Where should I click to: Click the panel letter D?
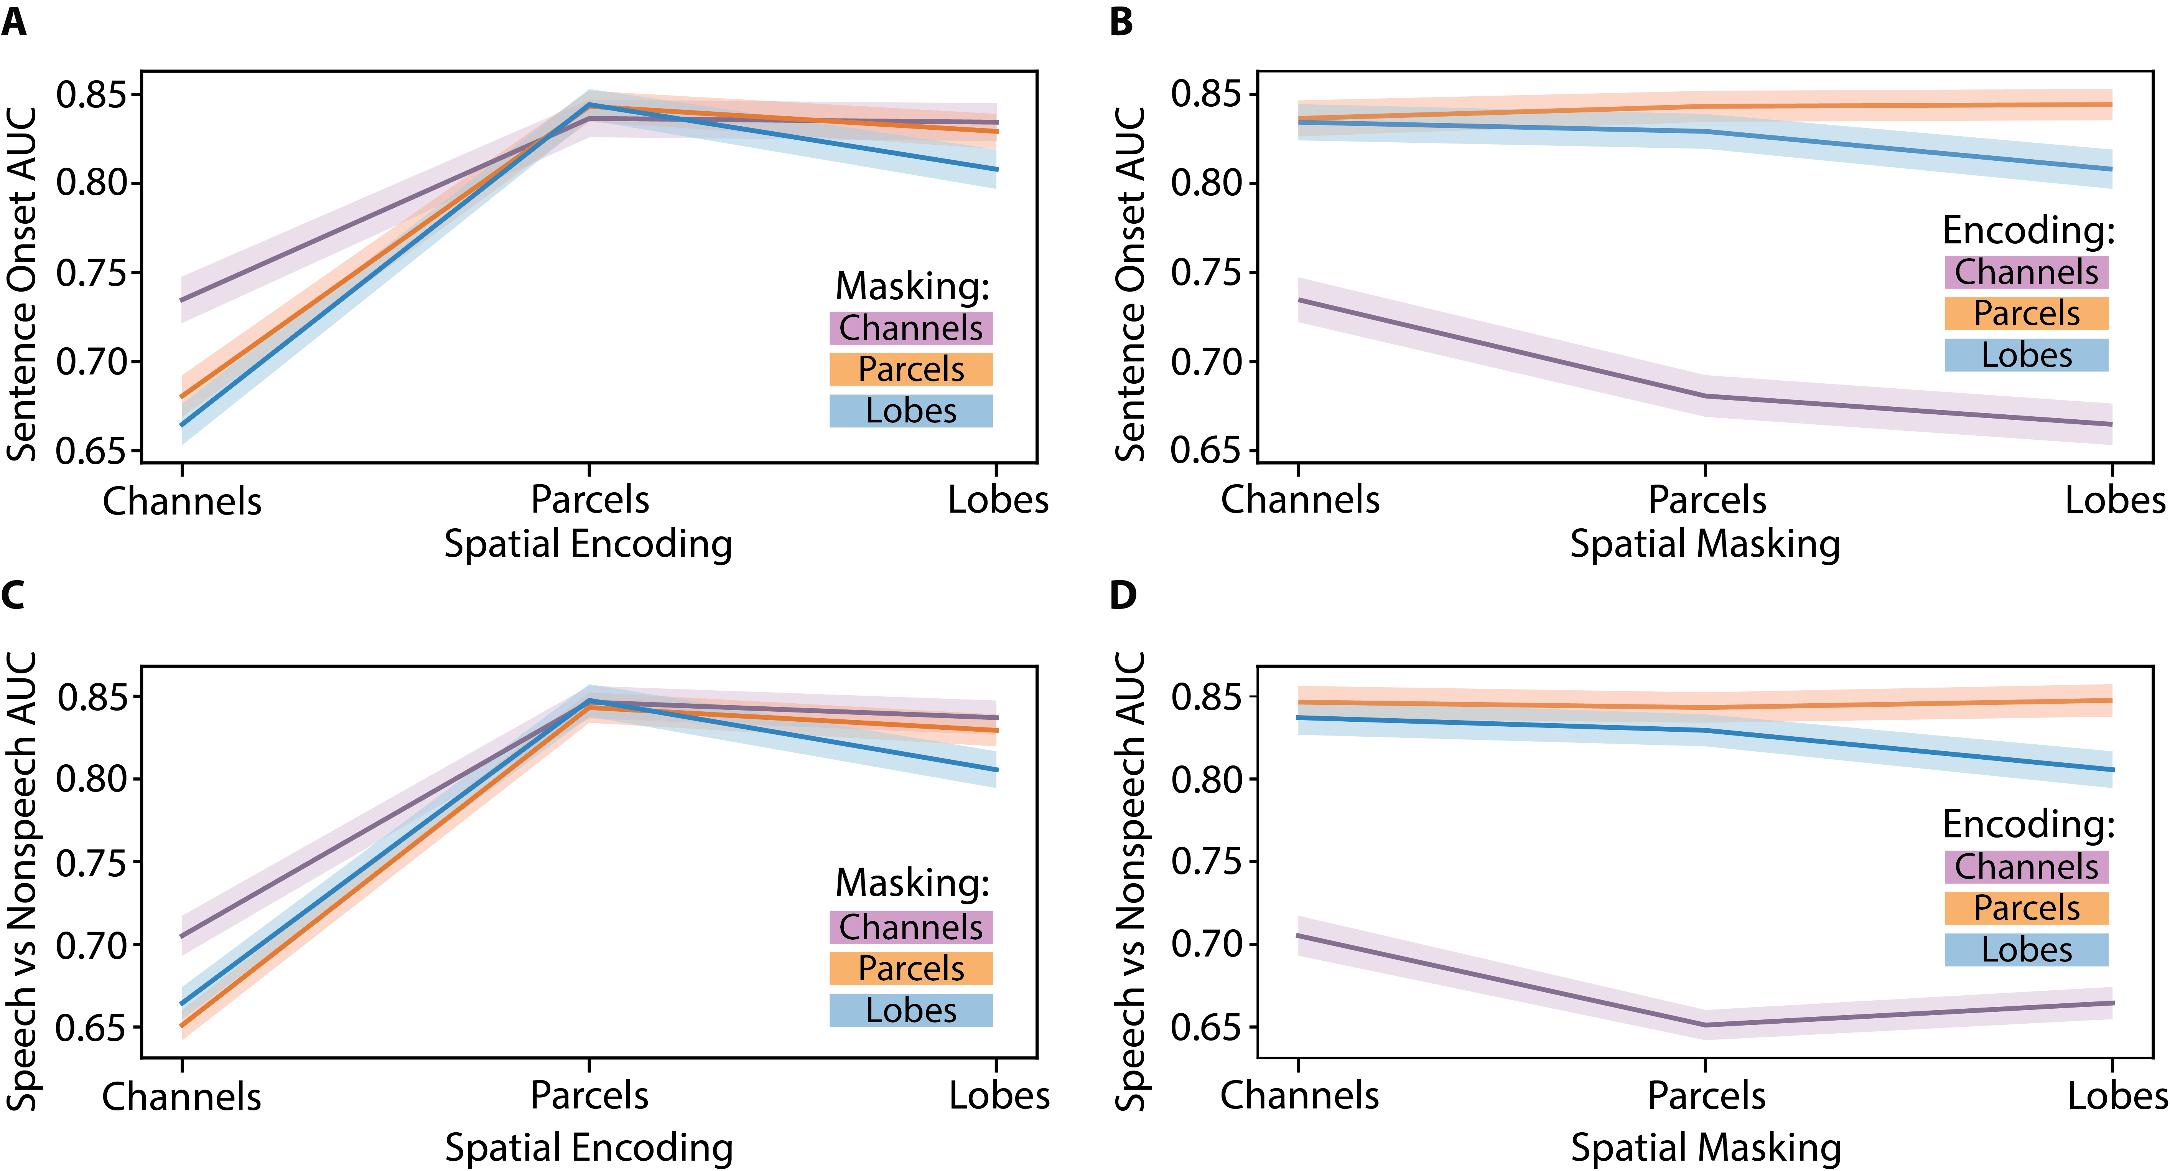1123,595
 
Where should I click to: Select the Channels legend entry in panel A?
910,328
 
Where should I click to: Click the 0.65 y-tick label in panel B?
1206,451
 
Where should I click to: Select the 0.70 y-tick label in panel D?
1206,944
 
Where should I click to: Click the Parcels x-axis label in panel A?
590,500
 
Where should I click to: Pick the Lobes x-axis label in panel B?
2114,500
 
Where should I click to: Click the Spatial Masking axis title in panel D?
1706,1148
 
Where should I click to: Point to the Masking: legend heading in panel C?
912,882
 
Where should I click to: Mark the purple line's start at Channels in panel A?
182,300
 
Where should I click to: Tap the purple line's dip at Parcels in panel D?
1706,1024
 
